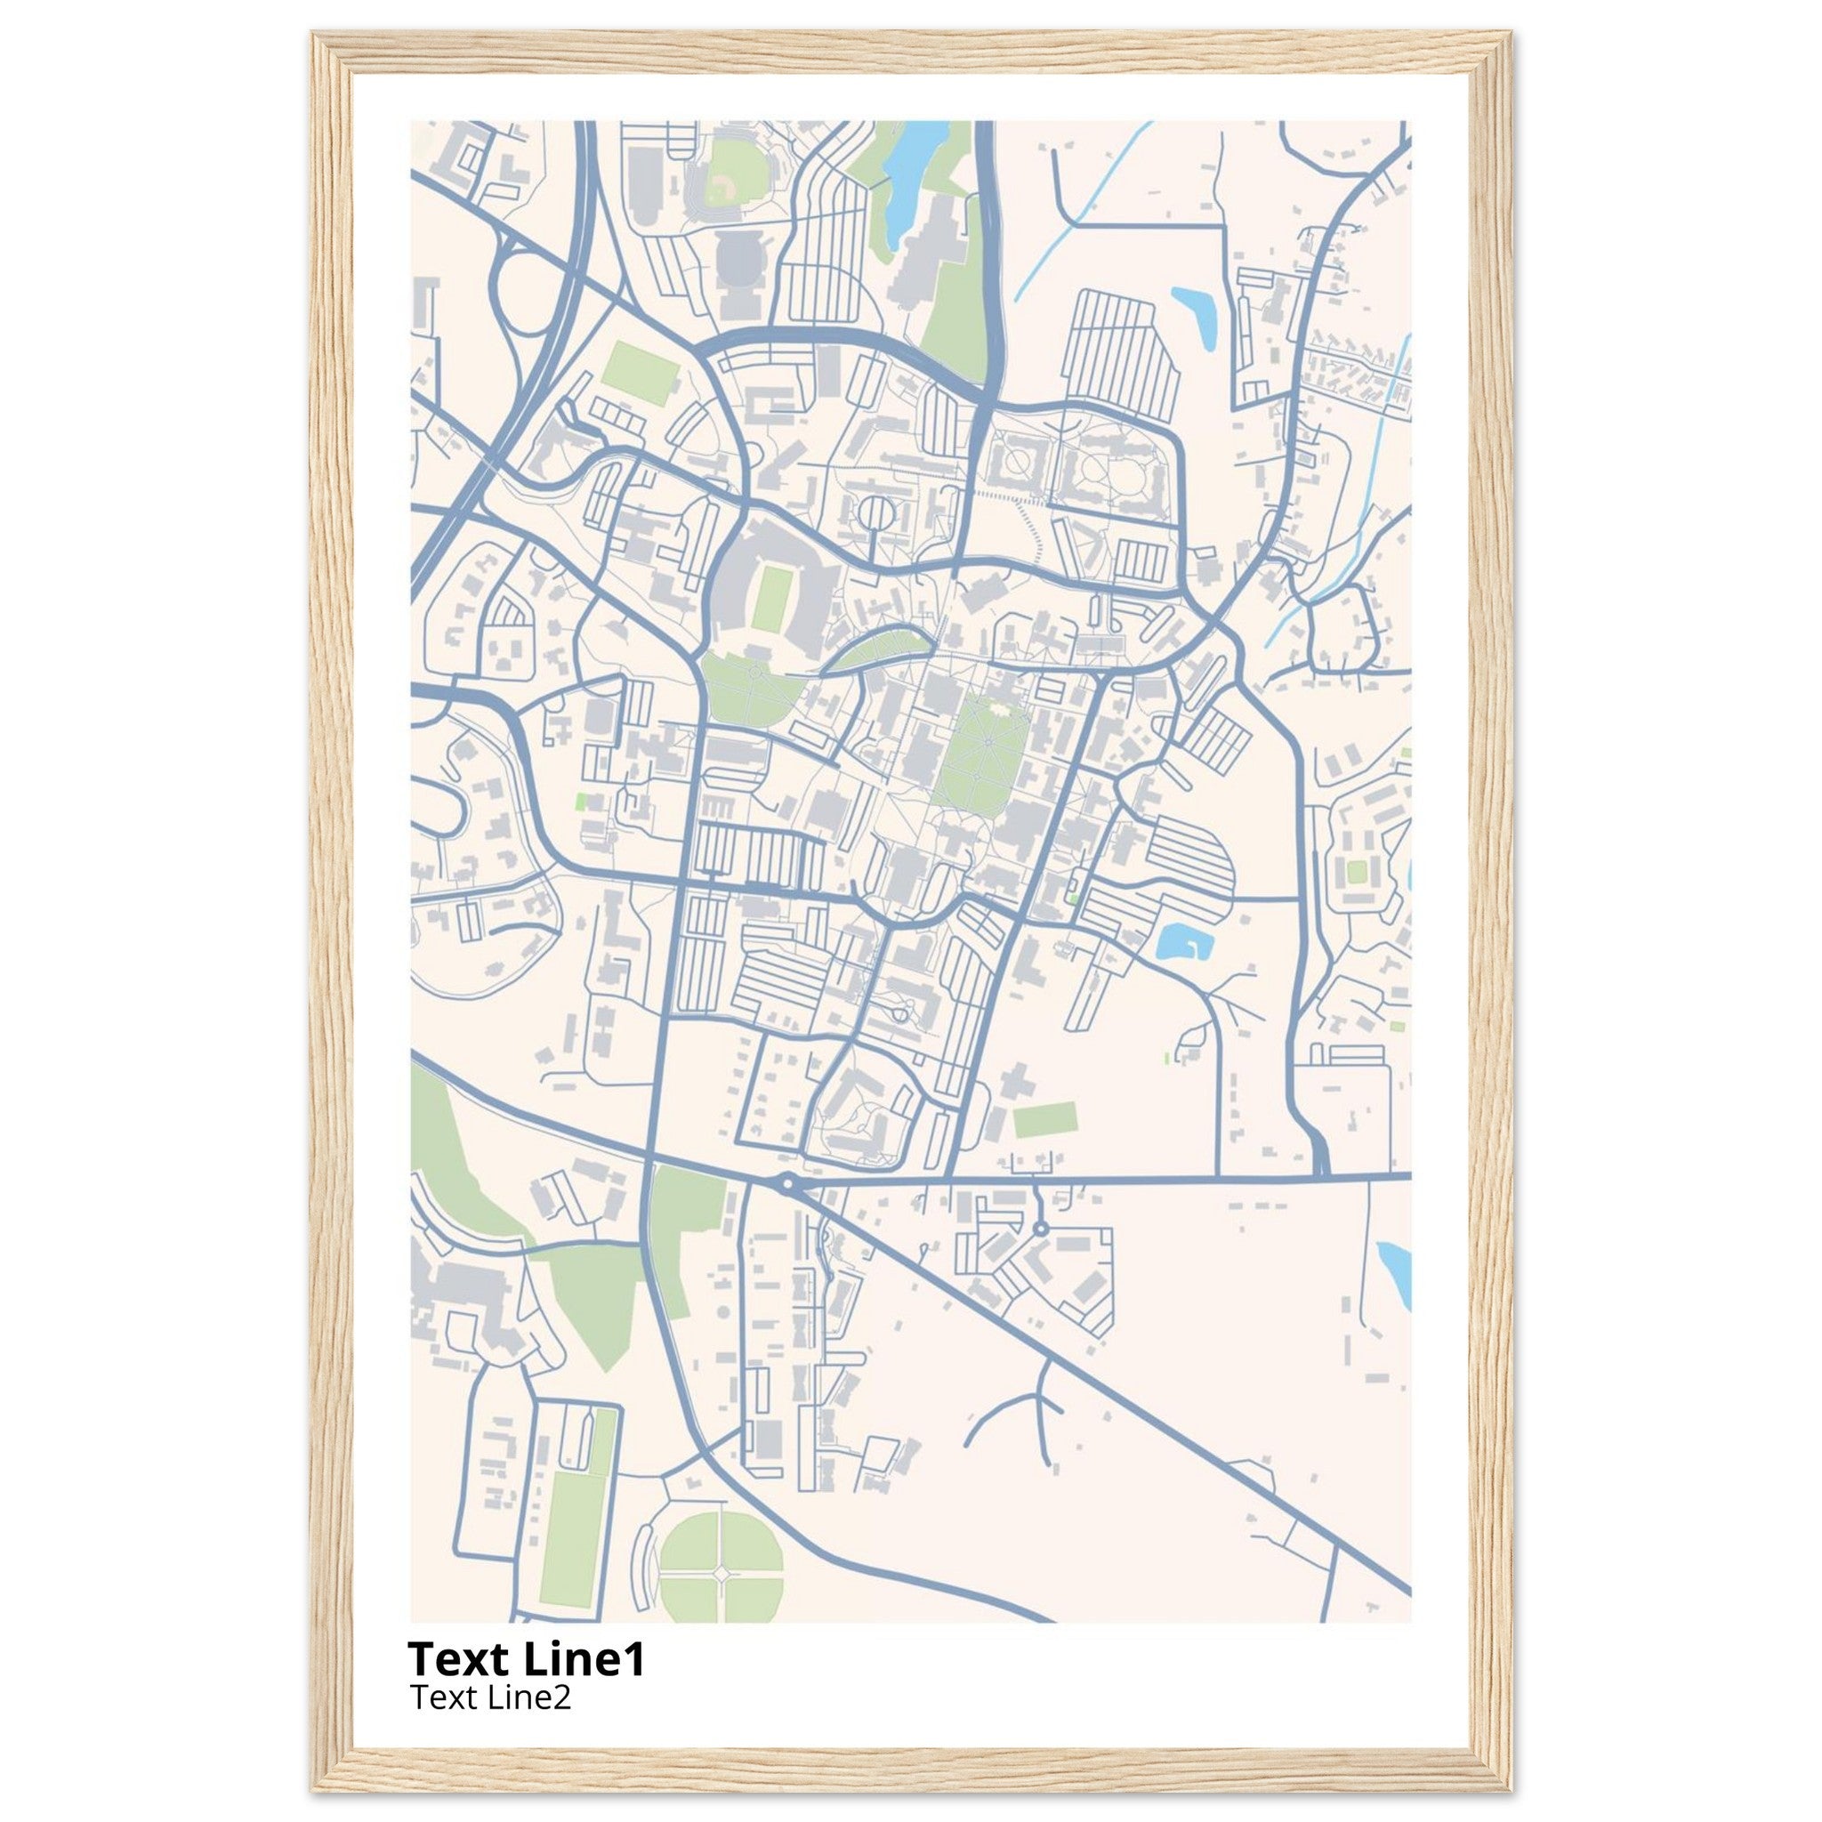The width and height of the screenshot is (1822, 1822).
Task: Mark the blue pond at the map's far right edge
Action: (x=1396, y=1273)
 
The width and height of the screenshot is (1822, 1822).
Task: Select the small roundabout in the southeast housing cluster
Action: (x=1040, y=1229)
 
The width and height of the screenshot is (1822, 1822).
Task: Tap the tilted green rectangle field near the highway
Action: (x=641, y=374)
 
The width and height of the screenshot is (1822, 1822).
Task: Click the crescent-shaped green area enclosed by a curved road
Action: (x=873, y=649)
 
